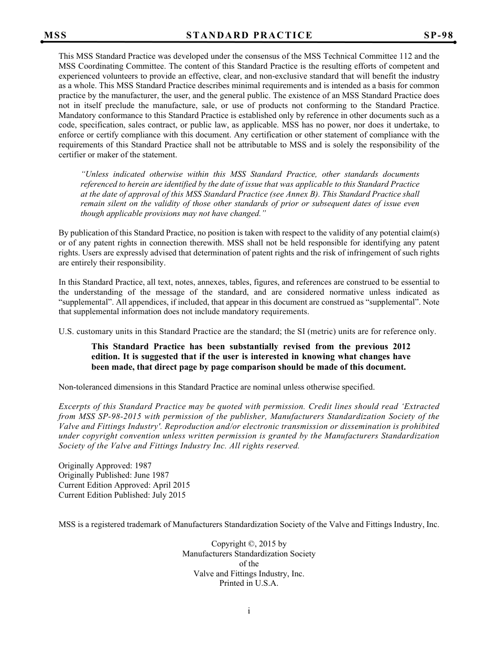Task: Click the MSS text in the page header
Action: click(x=55, y=36)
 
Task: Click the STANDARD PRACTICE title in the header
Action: click(x=249, y=36)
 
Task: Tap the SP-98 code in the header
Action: click(x=438, y=36)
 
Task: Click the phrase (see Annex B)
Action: click(x=293, y=194)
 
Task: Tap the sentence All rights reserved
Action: click(x=267, y=446)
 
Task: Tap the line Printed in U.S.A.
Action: click(x=248, y=584)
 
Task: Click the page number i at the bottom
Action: click(x=249, y=611)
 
